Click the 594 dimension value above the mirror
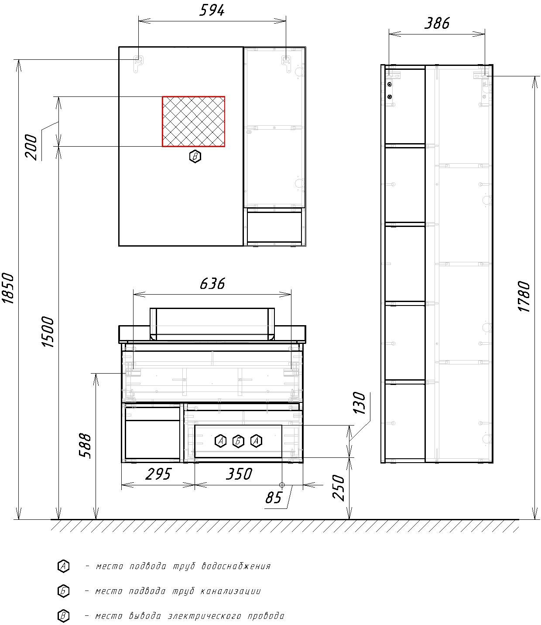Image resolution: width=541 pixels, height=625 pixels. [x=212, y=10]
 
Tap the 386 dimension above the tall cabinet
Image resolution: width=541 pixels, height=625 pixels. [x=437, y=23]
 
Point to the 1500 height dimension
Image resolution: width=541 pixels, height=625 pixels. [x=48, y=332]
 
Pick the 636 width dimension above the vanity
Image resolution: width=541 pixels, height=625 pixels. [x=212, y=284]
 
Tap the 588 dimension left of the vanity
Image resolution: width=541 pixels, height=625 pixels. [x=86, y=446]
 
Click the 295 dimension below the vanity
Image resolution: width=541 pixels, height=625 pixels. [x=158, y=474]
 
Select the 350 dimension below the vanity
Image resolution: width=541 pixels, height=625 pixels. [x=239, y=474]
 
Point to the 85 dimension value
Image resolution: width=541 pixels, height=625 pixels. [x=274, y=498]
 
